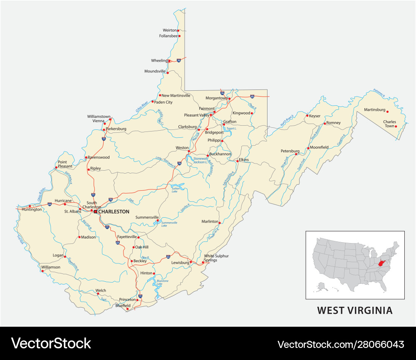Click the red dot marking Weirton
(x=178, y=30)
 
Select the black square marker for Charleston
(x=95, y=212)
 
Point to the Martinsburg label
(x=374, y=110)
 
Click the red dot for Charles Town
(x=396, y=126)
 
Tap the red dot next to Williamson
(x=42, y=271)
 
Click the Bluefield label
(x=123, y=305)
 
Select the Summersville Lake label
(x=169, y=224)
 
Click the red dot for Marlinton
(x=219, y=223)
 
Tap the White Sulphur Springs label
(x=216, y=258)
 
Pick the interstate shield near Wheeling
(x=178, y=61)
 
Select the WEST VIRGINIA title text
(x=355, y=310)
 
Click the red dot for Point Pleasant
(x=56, y=168)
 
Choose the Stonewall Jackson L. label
(x=200, y=160)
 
